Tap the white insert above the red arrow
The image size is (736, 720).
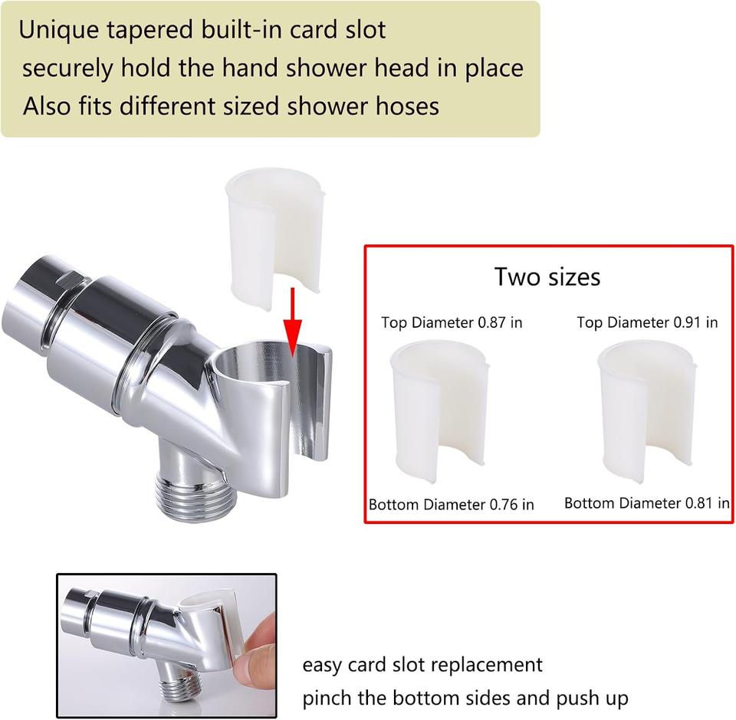point(272,234)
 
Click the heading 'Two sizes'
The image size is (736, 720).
point(547,277)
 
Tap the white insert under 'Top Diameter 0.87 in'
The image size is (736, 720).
point(439,410)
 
